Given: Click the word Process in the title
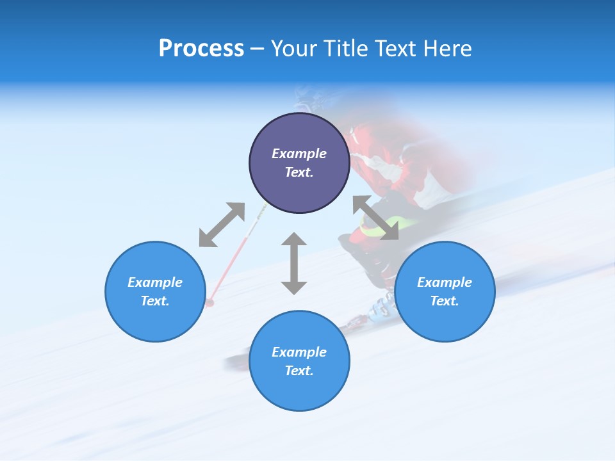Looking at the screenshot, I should tap(201, 49).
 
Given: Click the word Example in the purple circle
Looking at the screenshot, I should tap(299, 154).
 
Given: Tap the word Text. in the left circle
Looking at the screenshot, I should tap(155, 301).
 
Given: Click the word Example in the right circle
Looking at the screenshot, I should tap(445, 282).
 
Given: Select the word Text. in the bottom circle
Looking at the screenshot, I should tap(299, 371).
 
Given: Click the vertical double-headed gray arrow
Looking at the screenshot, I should tap(294, 263).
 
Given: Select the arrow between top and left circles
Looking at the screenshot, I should tap(222, 225).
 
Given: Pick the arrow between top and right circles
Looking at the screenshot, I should tap(375, 218).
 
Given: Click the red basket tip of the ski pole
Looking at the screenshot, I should tap(210, 302).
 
